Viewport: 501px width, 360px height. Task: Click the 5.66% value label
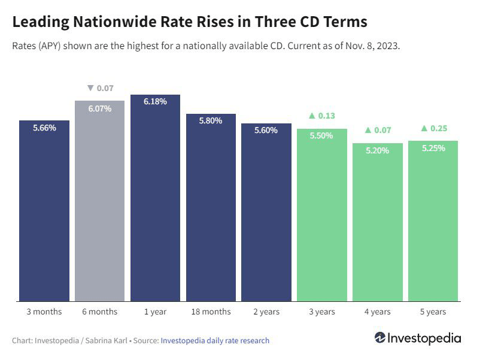[x=44, y=128]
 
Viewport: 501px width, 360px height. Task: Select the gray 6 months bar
[x=99, y=204]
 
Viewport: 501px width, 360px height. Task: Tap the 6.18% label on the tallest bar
[x=155, y=102]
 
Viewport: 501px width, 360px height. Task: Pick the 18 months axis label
[x=211, y=311]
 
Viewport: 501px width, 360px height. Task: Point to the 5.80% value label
[x=211, y=120]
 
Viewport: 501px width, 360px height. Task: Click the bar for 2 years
[x=266, y=216]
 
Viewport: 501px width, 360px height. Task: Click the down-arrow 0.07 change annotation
[x=100, y=88]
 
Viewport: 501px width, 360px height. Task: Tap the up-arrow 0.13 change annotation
[x=322, y=116]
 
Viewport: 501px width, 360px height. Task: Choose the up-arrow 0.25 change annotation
[x=434, y=128]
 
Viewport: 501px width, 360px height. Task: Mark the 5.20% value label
[x=378, y=150]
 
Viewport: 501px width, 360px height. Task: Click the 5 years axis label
[x=433, y=311]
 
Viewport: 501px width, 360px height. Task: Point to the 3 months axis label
[x=44, y=311]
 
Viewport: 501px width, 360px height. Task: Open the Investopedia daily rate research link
[x=215, y=340]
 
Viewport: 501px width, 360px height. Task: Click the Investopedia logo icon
[x=380, y=338]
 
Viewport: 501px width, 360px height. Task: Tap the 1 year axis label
[x=155, y=311]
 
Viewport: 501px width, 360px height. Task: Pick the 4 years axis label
[x=378, y=311]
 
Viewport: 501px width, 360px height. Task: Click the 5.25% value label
[x=433, y=148]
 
